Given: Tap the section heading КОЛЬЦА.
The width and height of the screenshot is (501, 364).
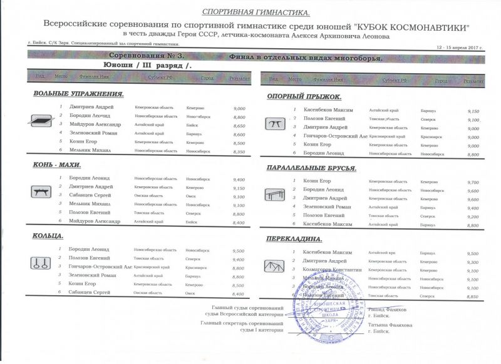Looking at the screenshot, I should coord(49,236).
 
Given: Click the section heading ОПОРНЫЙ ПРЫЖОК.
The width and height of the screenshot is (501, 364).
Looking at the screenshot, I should coord(304,96).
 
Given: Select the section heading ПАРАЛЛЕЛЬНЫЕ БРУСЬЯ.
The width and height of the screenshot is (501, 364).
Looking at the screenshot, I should coord(311,168).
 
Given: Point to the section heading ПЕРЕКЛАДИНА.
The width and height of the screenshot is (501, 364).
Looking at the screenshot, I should coord(294,239).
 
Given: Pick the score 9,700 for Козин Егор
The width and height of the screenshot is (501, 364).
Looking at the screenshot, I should coord(473,182).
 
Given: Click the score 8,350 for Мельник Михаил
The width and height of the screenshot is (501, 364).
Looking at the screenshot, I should coord(239,152).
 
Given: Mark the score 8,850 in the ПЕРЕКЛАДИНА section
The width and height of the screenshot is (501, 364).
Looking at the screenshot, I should coord(473,297).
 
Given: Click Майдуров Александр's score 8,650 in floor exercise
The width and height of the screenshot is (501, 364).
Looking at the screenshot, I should coord(239,126).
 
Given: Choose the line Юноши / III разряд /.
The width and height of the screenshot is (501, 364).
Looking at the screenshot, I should coord(148,64).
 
